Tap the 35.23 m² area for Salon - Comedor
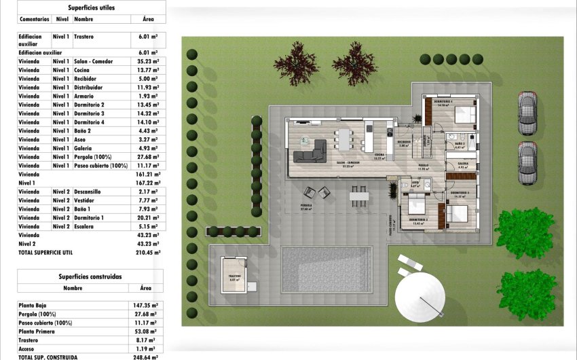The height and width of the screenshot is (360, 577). [x=146, y=61]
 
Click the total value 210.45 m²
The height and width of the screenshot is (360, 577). [x=147, y=252]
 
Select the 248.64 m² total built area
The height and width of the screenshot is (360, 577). [x=145, y=357]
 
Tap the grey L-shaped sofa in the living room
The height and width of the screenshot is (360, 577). [x=309, y=150]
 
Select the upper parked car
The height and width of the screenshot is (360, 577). [x=527, y=113]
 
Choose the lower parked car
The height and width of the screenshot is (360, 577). [x=527, y=163]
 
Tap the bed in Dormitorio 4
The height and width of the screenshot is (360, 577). [x=465, y=113]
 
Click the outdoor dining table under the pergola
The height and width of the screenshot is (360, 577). [x=359, y=196]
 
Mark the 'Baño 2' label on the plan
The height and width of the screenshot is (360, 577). [x=460, y=144]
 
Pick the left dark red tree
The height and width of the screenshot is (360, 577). [x=296, y=63]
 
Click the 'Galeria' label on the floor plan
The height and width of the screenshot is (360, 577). [x=462, y=164]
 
